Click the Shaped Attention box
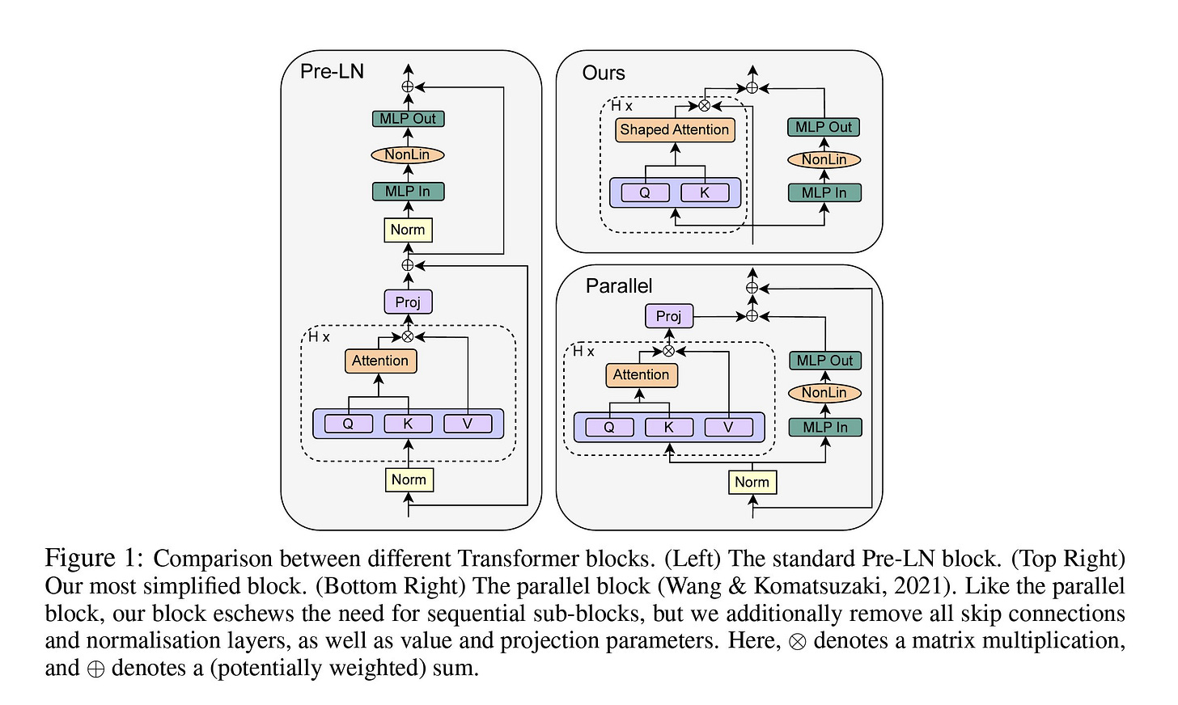(x=675, y=129)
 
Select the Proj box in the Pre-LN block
(x=408, y=302)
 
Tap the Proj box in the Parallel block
(x=669, y=316)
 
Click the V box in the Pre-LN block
(x=468, y=424)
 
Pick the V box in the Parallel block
(x=728, y=427)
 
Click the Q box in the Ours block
(x=646, y=192)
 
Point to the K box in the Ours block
(x=705, y=192)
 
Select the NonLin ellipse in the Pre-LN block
(x=408, y=155)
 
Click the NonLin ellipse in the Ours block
(x=824, y=160)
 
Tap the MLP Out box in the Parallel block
(x=825, y=361)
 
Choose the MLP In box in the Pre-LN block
(x=408, y=192)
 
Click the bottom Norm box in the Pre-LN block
(x=409, y=479)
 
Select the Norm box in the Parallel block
(x=752, y=482)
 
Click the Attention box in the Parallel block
(x=642, y=375)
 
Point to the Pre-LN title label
(x=332, y=71)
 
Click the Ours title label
(x=604, y=73)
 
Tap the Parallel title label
(x=619, y=286)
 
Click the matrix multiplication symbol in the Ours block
(x=704, y=106)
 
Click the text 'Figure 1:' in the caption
(x=94, y=558)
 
